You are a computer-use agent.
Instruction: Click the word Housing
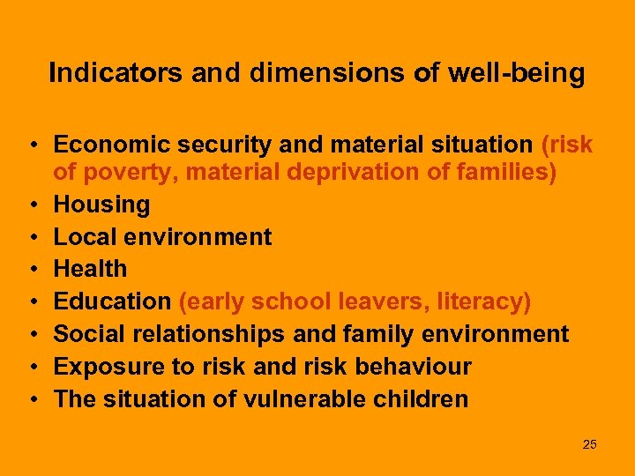[x=101, y=205]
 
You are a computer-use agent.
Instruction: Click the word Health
[x=91, y=269]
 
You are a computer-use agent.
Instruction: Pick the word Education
[x=112, y=301]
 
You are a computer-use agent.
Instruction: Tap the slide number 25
[x=589, y=444]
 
